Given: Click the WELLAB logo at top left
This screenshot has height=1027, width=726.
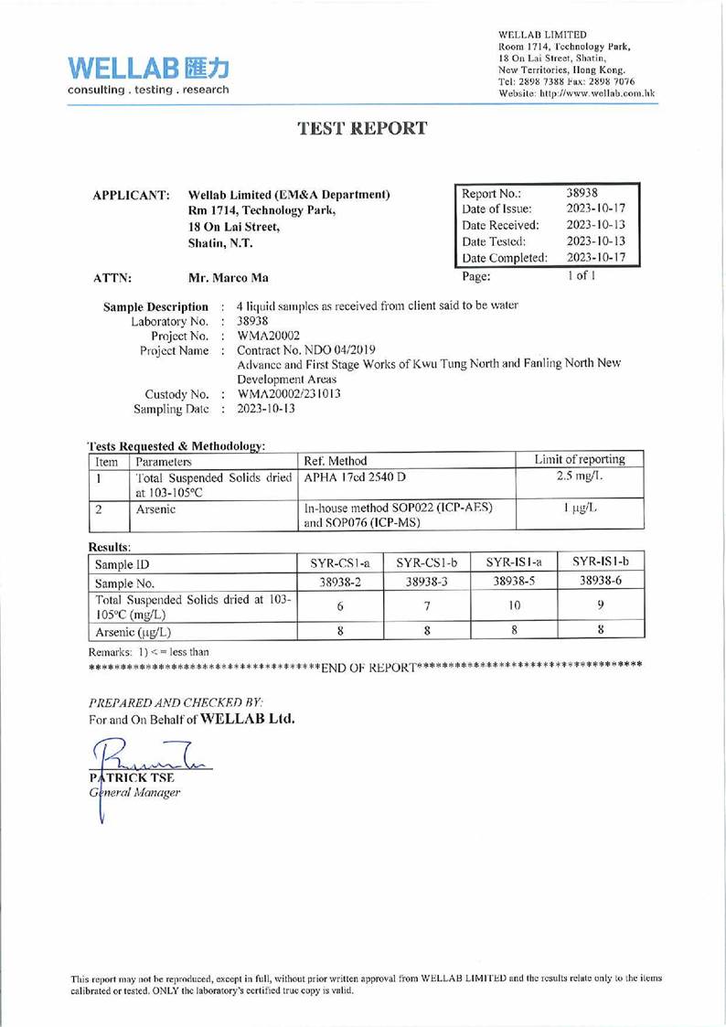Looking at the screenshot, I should coord(146,76).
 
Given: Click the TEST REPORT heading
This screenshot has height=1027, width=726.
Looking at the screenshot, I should coord(362,128).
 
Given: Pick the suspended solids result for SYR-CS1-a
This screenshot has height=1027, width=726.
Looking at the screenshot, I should coord(338,606).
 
